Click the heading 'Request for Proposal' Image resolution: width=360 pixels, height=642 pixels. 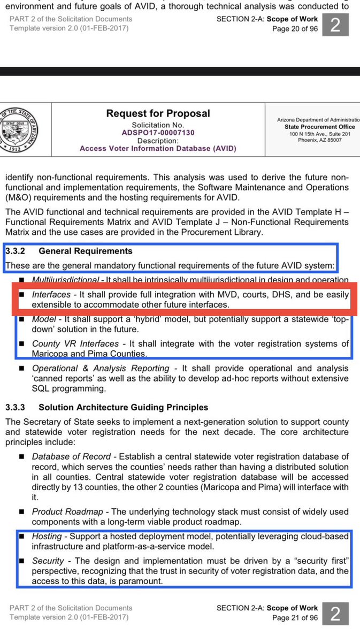coord(158,113)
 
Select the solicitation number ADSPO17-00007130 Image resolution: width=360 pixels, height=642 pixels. coord(158,132)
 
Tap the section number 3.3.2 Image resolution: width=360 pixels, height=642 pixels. coord(17,251)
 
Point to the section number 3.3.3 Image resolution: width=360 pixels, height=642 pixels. coord(17,408)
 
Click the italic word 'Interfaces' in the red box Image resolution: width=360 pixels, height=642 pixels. coord(51,295)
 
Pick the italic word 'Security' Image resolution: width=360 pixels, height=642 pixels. coord(48,560)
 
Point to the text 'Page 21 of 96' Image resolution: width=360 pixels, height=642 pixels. coord(295,617)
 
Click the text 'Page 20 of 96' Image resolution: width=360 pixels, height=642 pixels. coord(295,29)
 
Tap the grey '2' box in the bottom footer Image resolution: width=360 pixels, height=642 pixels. coord(335,613)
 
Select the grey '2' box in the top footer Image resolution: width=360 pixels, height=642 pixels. coord(335,25)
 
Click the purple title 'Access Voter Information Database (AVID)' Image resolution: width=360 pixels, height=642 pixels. coord(158,149)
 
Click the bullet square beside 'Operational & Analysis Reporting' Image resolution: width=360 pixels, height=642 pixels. coord(21,369)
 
